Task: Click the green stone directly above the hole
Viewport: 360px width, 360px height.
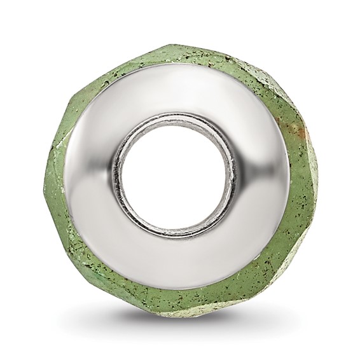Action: [179, 51]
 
